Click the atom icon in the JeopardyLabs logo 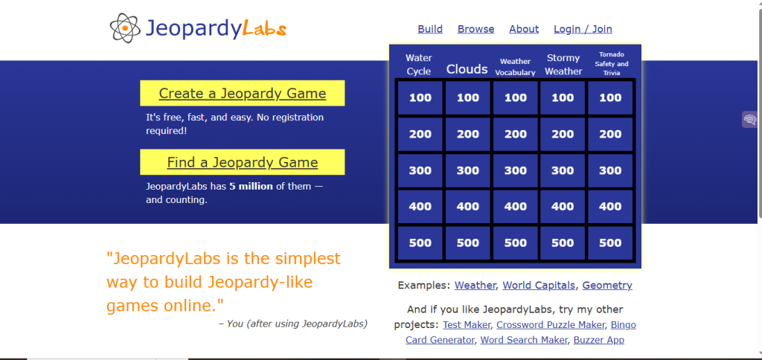click(x=125, y=28)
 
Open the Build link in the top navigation click(x=430, y=29)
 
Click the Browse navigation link click(x=476, y=29)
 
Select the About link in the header click(x=524, y=29)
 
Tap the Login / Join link click(x=583, y=29)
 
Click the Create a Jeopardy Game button click(x=243, y=94)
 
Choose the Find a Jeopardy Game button click(x=243, y=162)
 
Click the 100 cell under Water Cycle click(x=420, y=97)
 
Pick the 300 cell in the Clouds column click(x=468, y=170)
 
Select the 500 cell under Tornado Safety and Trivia click(x=610, y=242)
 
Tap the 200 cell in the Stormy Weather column click(x=563, y=134)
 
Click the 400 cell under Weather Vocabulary click(x=516, y=207)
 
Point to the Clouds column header click(x=467, y=69)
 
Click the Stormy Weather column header click(x=563, y=65)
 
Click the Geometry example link click(x=607, y=286)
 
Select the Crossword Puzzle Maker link click(x=551, y=325)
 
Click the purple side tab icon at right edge click(x=750, y=120)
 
